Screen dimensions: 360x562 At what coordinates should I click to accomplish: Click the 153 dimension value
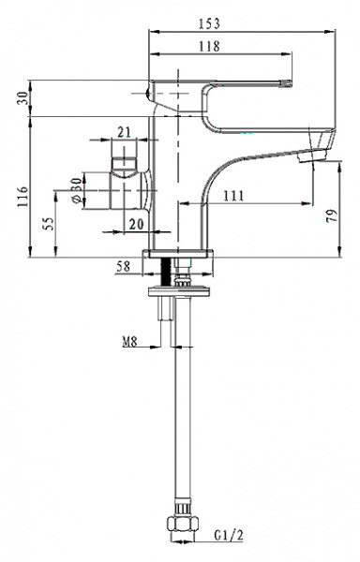point(209,23)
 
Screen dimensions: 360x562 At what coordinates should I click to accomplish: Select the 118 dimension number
point(209,46)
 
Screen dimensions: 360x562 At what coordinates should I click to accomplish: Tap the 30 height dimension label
point(22,97)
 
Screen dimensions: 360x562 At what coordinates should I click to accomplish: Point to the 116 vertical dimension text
point(22,197)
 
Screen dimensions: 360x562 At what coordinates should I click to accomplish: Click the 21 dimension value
point(124,132)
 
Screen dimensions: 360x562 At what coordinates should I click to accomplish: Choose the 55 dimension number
point(49,224)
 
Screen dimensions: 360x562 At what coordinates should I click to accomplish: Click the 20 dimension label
point(136,225)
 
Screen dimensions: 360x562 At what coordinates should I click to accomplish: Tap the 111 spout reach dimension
point(233,196)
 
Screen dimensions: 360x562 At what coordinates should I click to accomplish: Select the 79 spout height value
point(332,215)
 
